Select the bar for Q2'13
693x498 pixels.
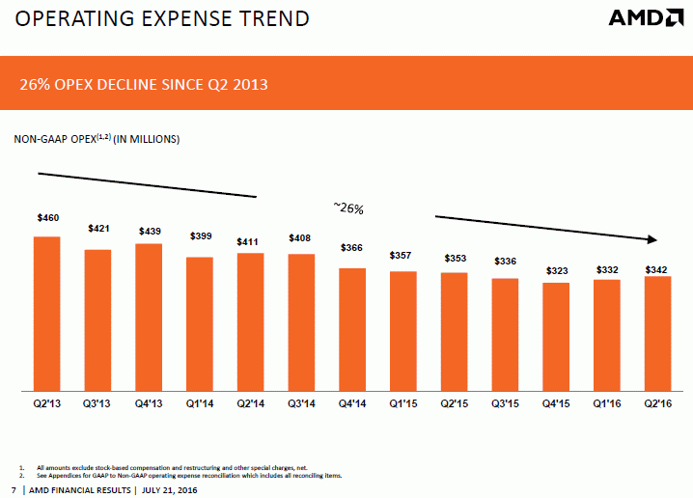point(47,314)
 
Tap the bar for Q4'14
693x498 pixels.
point(353,329)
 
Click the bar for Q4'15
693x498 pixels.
point(557,337)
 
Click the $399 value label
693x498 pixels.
point(200,237)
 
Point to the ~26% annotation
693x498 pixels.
point(347,207)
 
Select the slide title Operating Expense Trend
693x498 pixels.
point(154,18)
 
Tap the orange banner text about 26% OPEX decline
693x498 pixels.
point(144,86)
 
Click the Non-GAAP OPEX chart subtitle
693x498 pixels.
point(97,139)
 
